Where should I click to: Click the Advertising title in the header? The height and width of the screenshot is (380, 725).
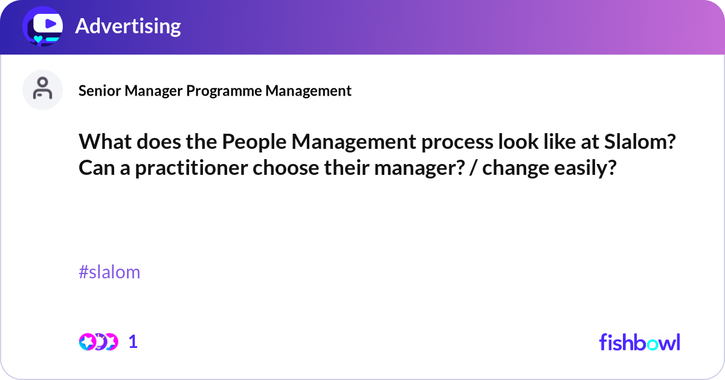click(127, 26)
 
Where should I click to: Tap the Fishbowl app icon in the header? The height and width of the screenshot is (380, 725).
click(43, 25)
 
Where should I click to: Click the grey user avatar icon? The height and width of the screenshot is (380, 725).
click(42, 90)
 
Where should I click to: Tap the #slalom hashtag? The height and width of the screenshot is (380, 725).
click(109, 272)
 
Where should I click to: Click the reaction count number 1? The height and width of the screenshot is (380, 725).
click(133, 342)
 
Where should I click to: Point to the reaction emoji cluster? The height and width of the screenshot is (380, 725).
click(98, 342)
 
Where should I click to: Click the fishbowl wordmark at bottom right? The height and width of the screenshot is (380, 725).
click(639, 342)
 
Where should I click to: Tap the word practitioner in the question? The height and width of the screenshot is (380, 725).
click(192, 168)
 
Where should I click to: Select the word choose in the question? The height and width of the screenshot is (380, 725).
click(287, 168)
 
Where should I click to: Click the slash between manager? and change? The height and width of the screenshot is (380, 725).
click(471, 168)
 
